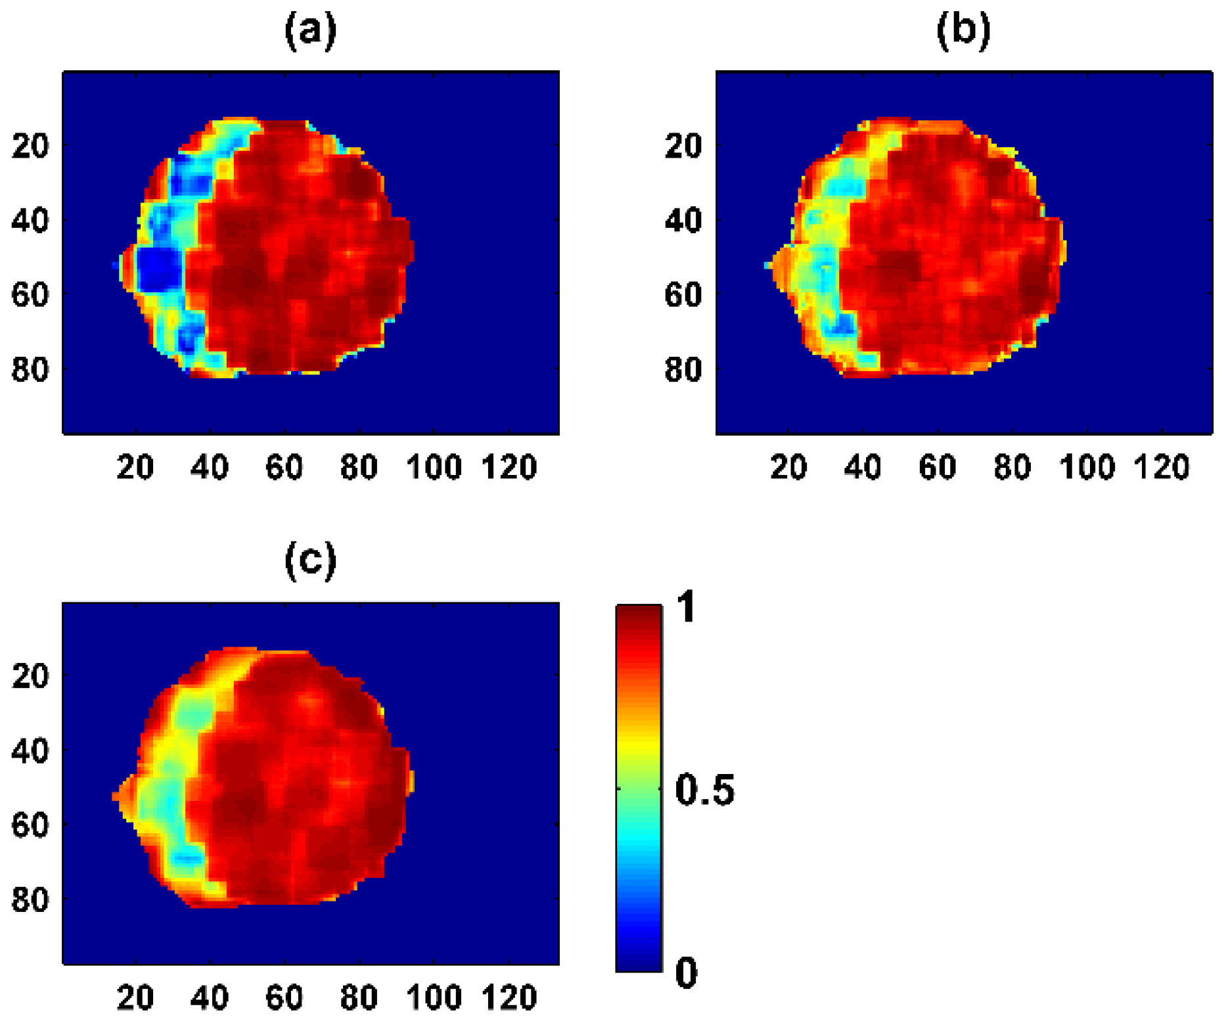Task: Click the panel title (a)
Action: pyautogui.click(x=310, y=31)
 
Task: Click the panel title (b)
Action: pyautogui.click(x=963, y=31)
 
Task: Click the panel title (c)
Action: pyautogui.click(x=310, y=560)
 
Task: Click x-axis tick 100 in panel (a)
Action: pyautogui.click(x=434, y=468)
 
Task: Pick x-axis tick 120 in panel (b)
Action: pyautogui.click(x=1162, y=468)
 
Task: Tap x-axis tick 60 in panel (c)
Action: pyautogui.click(x=284, y=998)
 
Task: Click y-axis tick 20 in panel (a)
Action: pyautogui.click(x=30, y=145)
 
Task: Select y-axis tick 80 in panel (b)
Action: pyautogui.click(x=683, y=370)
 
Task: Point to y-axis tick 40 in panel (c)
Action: pyautogui.click(x=30, y=750)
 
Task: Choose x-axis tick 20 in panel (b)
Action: pyautogui.click(x=788, y=468)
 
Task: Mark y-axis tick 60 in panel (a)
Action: pyautogui.click(x=30, y=295)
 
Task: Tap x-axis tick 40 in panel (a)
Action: pyautogui.click(x=210, y=468)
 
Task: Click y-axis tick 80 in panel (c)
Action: pyautogui.click(x=30, y=900)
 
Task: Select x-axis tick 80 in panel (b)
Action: pyautogui.click(x=1012, y=468)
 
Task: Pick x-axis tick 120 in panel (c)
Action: pyautogui.click(x=509, y=998)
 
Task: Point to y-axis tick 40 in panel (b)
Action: pyautogui.click(x=683, y=221)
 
